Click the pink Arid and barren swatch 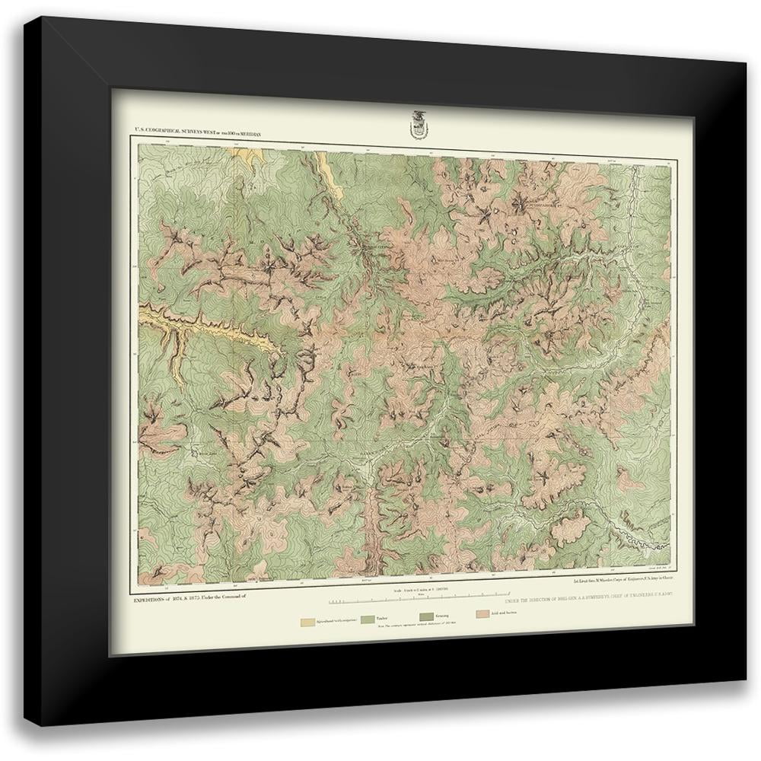(x=483, y=614)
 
